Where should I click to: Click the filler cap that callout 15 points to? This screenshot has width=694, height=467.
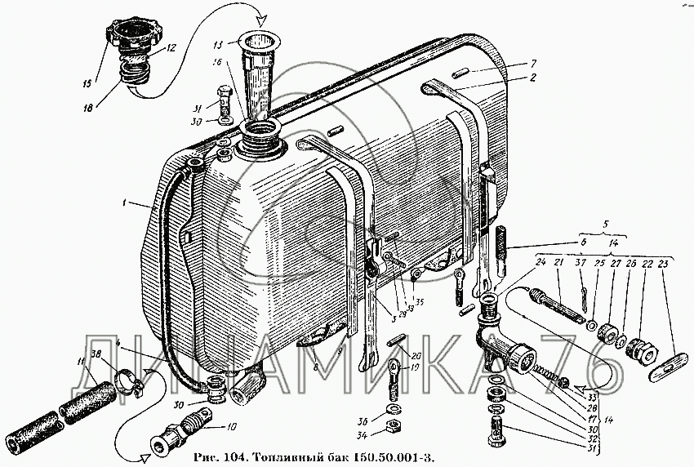130,37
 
